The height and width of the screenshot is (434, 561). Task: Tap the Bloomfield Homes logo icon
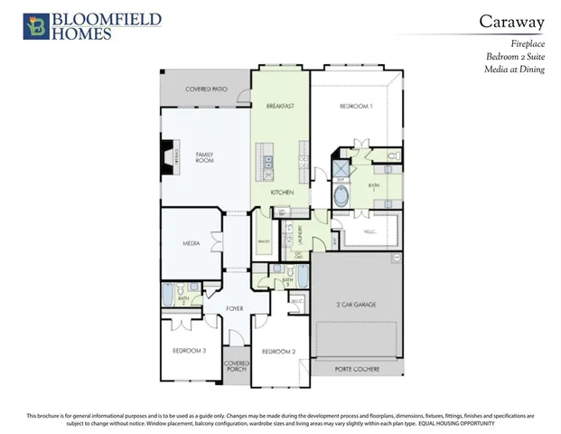point(35,26)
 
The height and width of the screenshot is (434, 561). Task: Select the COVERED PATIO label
point(205,90)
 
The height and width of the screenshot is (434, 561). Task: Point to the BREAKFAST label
point(281,107)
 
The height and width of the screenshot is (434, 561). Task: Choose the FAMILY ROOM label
point(204,159)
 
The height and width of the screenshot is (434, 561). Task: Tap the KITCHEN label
point(282,193)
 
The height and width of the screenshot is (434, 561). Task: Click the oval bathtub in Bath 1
point(343,196)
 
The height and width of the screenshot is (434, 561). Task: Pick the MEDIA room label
point(191,243)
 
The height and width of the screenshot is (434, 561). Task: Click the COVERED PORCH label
point(237,365)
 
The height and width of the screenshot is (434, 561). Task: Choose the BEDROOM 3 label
point(191,350)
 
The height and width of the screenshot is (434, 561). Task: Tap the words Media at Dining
point(515,69)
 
